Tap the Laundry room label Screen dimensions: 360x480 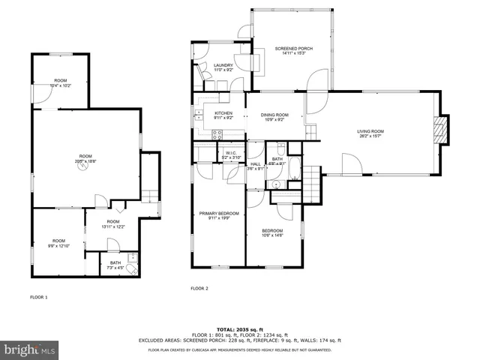pos(223,67)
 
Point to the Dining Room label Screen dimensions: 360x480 pos(274,116)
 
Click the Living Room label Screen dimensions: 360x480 pos(370,133)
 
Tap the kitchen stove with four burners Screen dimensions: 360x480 pos(217,135)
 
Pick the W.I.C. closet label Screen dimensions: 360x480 pos(229,155)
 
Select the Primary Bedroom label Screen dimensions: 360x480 pos(220,216)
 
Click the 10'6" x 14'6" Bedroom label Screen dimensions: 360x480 pos(272,232)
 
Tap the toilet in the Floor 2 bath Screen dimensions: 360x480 pos(276,183)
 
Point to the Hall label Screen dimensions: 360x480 pos(255,166)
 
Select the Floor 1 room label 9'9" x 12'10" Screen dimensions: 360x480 pos(58,242)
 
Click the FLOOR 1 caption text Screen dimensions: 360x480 pos(38,297)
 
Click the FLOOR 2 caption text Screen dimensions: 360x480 pos(199,288)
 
